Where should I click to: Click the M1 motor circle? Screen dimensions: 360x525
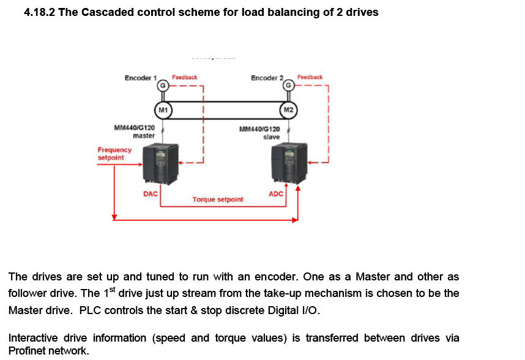click(x=163, y=110)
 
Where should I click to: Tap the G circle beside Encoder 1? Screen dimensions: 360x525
click(x=163, y=86)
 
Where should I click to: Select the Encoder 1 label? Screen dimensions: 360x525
click(x=140, y=78)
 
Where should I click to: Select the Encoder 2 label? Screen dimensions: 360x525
click(x=267, y=78)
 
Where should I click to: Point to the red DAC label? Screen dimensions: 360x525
click(x=150, y=193)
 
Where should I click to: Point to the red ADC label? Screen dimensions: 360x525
click(x=276, y=193)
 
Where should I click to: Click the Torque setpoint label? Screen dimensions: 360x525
click(x=217, y=200)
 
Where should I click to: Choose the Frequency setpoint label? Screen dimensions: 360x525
click(x=114, y=154)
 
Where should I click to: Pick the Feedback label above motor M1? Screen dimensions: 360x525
click(x=184, y=78)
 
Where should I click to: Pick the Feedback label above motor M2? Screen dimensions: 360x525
click(x=310, y=77)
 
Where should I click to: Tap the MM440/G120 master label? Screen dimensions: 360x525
click(x=135, y=132)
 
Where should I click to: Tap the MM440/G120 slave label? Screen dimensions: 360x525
click(x=260, y=133)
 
